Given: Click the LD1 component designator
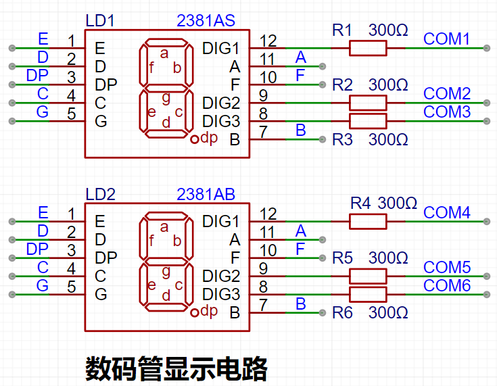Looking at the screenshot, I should click(x=100, y=21).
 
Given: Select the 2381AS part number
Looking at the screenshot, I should click(x=206, y=21).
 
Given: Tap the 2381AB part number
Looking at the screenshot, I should click(x=206, y=195).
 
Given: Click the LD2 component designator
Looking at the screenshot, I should click(x=101, y=195).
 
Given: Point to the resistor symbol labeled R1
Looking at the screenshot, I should click(x=368, y=48).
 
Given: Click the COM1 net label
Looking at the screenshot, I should click(x=446, y=39).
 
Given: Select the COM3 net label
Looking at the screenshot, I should click(x=446, y=112).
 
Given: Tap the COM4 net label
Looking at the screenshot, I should click(x=446, y=213).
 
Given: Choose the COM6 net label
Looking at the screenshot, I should click(x=446, y=286).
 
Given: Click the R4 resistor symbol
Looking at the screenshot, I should click(x=368, y=221).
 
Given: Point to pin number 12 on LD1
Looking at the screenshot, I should click(x=268, y=41).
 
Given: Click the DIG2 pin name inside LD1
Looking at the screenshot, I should click(x=221, y=103).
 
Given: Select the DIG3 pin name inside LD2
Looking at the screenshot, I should click(x=221, y=295).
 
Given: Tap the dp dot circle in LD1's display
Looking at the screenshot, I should click(x=195, y=139).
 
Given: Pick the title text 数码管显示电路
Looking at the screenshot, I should click(x=176, y=369).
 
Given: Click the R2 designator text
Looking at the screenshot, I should click(x=343, y=85).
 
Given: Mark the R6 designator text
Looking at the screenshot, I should click(x=343, y=314).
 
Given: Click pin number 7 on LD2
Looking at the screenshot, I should click(x=263, y=304).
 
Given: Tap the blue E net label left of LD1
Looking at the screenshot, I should click(x=43, y=39).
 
